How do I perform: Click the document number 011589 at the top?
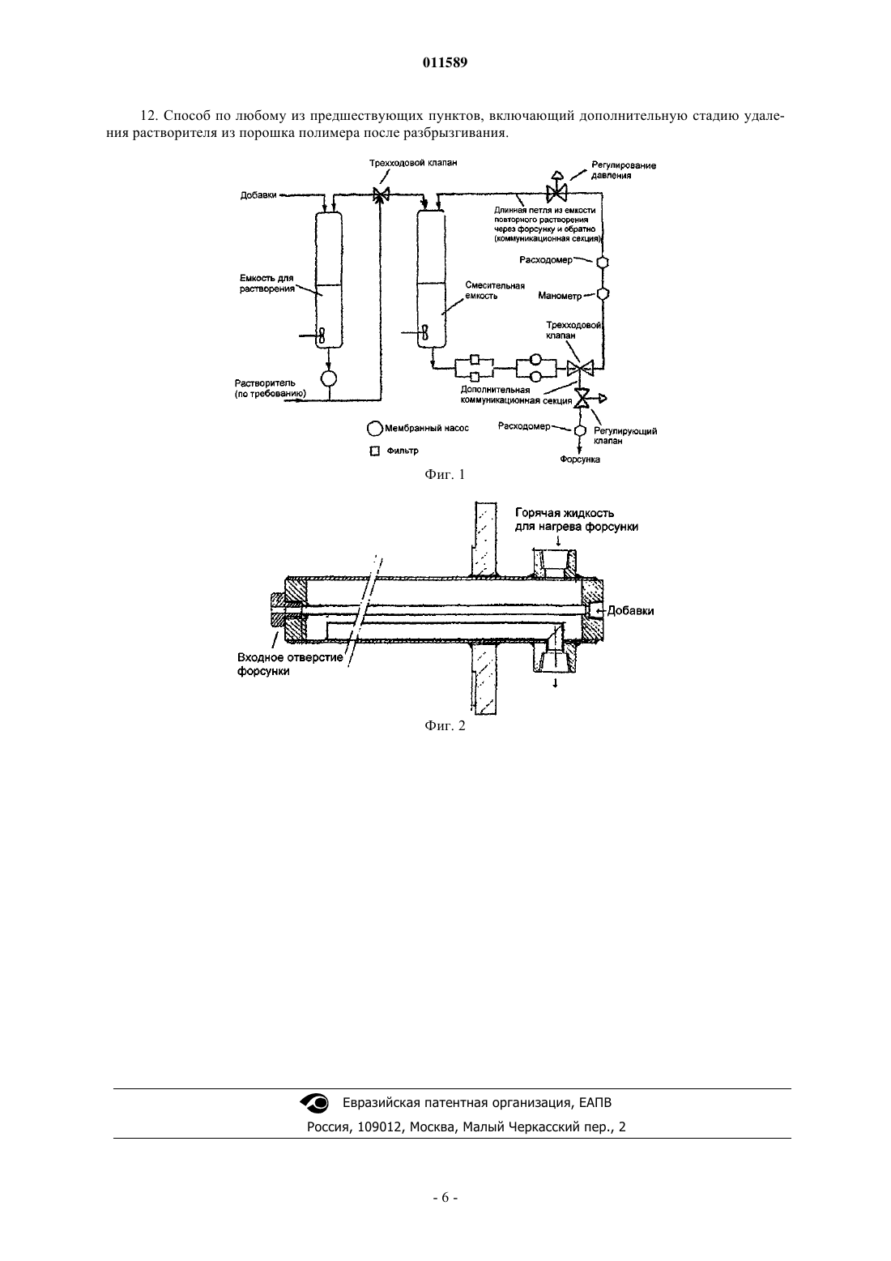[445, 62]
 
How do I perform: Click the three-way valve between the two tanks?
[382, 194]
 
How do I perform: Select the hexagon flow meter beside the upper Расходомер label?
[603, 263]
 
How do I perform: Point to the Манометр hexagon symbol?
[603, 294]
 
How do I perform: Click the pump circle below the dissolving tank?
[328, 378]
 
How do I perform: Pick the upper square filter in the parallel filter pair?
[474, 359]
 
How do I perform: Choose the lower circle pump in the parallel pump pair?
[535, 376]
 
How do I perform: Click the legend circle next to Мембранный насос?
[374, 429]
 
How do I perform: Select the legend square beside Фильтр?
[374, 451]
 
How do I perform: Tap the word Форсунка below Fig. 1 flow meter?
[579, 460]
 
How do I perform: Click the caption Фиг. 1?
[445, 475]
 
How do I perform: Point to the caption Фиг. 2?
[445, 725]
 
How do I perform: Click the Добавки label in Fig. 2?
[630, 611]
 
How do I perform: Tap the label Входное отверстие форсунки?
[290, 665]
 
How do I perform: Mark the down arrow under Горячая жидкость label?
[557, 541]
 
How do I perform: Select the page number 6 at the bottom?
[445, 1198]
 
